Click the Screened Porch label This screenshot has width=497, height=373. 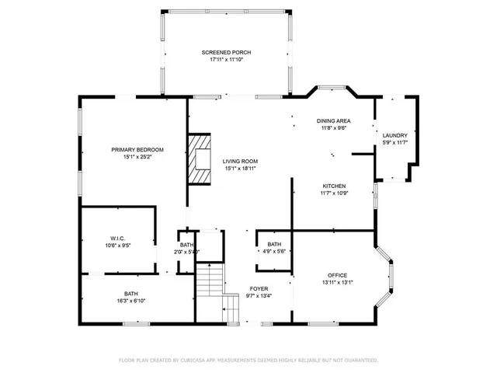pos(226,52)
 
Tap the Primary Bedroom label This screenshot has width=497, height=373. pos(137,149)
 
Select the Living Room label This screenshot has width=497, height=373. pos(241,161)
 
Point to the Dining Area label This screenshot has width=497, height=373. pos(334,120)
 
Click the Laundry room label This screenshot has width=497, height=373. pos(394,135)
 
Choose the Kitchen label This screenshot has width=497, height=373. pos(335,186)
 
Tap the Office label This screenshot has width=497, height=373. pos(337,275)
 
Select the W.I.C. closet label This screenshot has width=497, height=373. pos(118,238)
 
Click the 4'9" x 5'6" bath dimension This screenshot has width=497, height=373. pos(274,251)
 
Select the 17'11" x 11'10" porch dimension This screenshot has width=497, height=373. pos(226,59)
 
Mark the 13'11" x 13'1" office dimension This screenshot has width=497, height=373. pos(337,283)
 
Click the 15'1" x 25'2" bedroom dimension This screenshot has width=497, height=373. pos(137,157)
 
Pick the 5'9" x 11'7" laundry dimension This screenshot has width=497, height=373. pos(394,143)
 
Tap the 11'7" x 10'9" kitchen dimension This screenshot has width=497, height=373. pos(335,193)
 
